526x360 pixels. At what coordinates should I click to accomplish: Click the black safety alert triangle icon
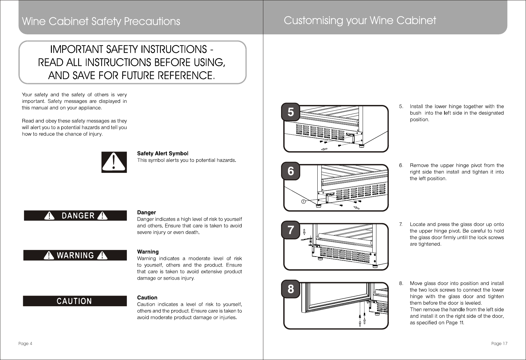(x=114, y=162)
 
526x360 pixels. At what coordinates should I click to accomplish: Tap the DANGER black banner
(x=75, y=216)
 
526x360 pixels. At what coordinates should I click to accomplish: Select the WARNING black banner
(x=75, y=255)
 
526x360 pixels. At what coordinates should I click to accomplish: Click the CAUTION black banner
(x=75, y=301)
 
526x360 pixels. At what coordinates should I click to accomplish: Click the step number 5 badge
(x=290, y=112)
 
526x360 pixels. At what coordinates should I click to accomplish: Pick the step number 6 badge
(x=290, y=171)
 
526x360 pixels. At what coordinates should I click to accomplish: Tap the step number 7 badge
(x=290, y=230)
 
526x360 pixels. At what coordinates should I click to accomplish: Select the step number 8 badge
(x=290, y=289)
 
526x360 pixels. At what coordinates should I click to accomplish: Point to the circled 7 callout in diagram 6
(x=303, y=201)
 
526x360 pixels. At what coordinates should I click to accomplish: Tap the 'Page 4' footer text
(x=25, y=344)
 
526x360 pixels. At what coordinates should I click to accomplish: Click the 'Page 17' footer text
(x=499, y=344)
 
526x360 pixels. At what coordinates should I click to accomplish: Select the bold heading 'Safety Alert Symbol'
(x=163, y=153)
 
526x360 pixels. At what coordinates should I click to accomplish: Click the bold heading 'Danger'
(x=146, y=212)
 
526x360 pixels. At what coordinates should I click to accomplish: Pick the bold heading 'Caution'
(x=147, y=297)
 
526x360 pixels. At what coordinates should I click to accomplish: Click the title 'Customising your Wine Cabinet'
(x=360, y=21)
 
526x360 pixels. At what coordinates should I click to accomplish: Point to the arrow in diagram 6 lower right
(x=356, y=208)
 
